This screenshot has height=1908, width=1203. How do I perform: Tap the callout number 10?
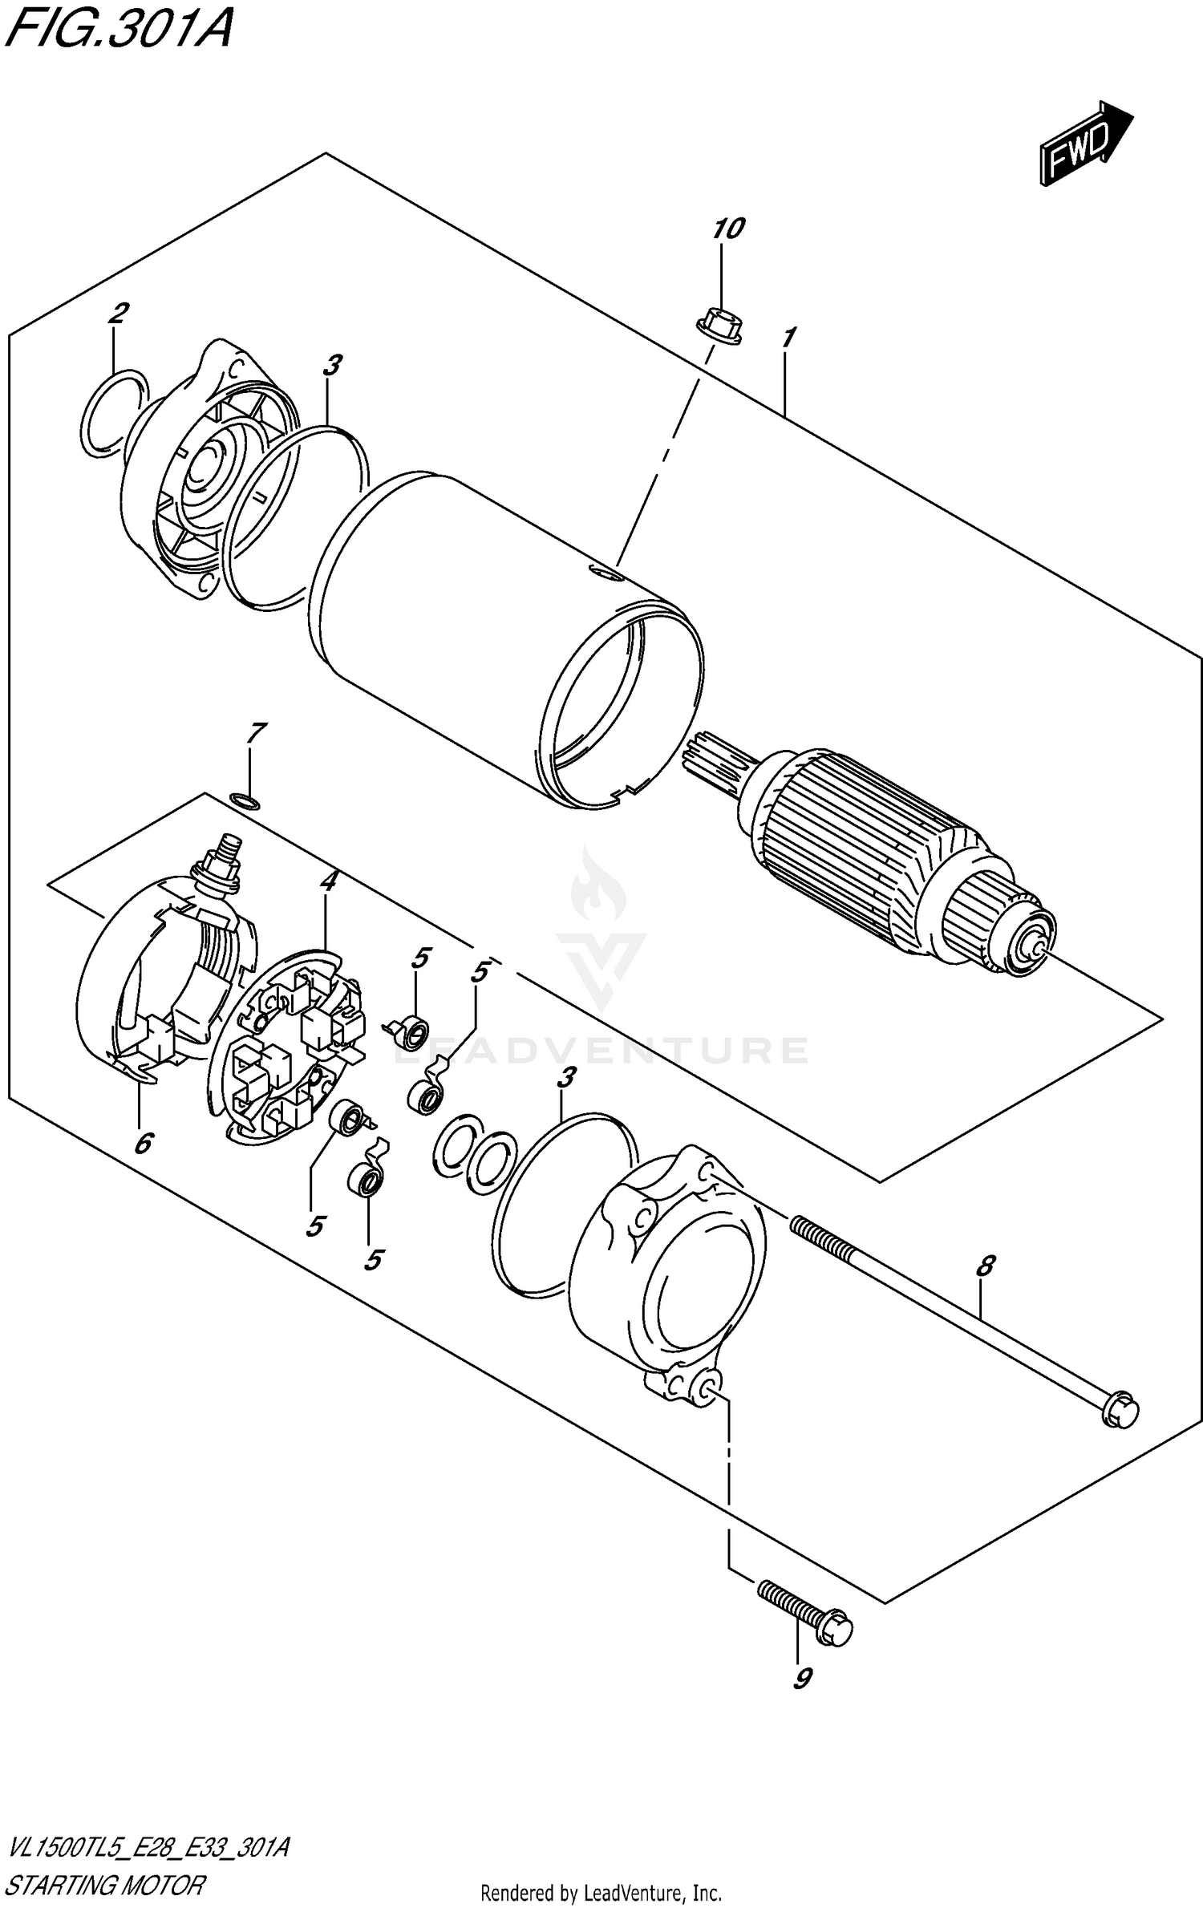(728, 229)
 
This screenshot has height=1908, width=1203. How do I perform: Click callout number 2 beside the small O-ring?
(118, 314)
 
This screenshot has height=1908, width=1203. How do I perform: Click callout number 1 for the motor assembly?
(788, 338)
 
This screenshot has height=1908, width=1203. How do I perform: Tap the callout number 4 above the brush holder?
(327, 881)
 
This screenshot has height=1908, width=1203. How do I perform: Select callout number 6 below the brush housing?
(143, 1144)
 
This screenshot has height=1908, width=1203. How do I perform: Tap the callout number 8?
(985, 1266)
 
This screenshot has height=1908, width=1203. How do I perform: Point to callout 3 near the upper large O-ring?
(331, 366)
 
